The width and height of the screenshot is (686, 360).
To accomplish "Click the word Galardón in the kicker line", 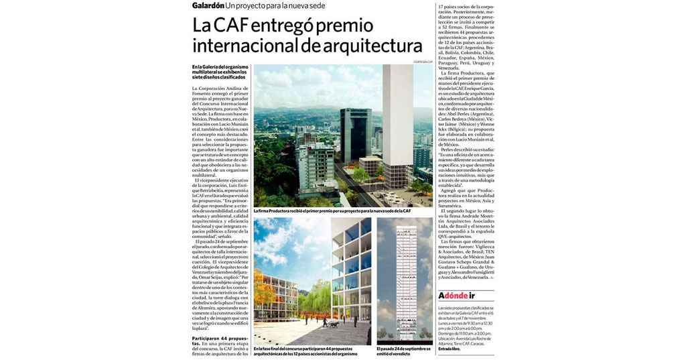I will [208, 6].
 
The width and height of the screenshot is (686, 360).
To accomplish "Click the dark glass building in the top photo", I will [355, 134].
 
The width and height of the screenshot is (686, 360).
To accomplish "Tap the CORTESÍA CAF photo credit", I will [423, 62].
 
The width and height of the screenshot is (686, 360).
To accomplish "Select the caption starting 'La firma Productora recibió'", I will [332, 211].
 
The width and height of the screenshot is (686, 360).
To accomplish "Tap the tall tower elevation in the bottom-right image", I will [405, 282].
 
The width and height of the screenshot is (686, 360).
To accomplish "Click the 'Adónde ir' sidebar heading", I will [457, 296].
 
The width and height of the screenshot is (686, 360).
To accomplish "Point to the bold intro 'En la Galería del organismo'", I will [218, 72].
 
